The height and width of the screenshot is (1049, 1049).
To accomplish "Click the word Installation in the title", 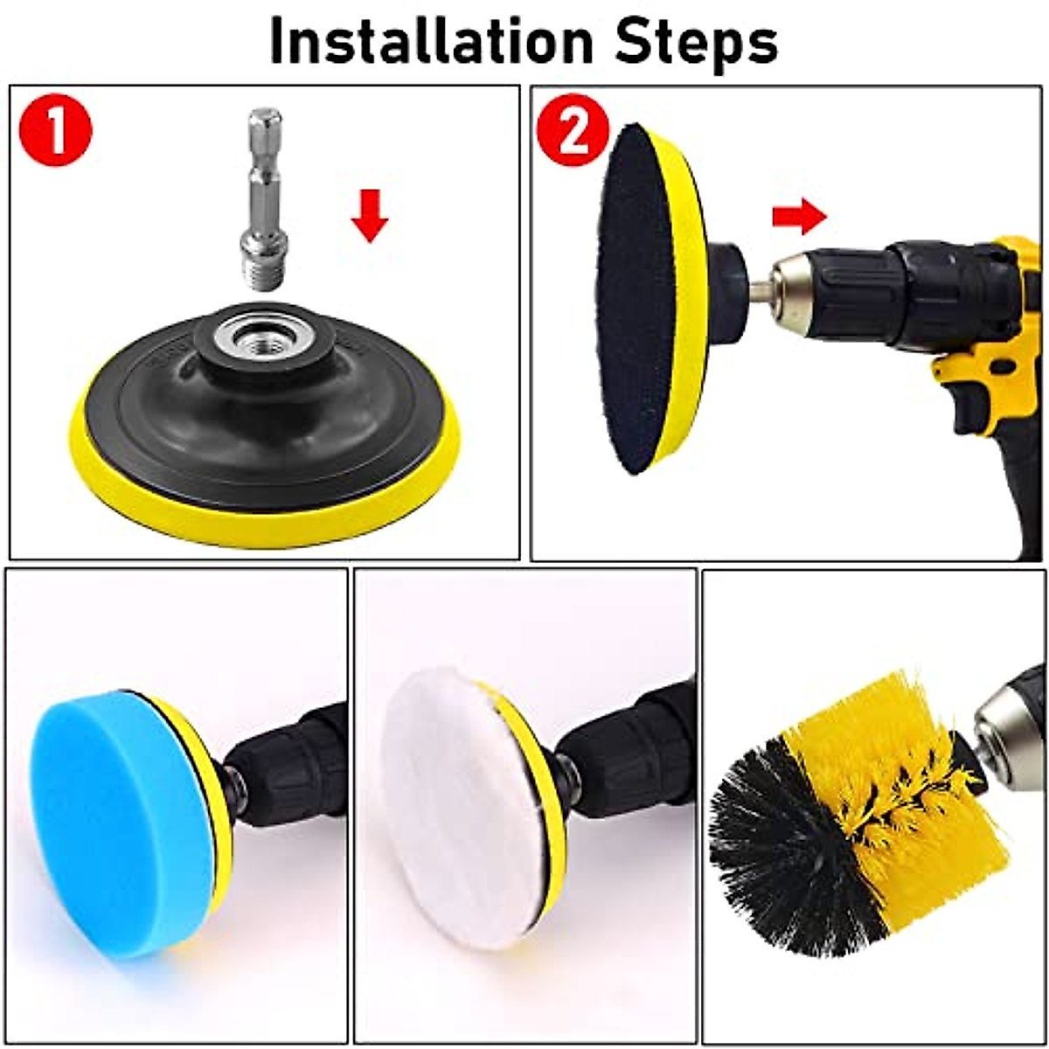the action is click(431, 41).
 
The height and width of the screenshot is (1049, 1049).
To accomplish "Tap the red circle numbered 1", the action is click(56, 131).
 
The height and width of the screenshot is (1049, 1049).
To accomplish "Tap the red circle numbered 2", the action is click(573, 129).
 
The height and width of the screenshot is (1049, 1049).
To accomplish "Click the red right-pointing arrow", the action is click(799, 218).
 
